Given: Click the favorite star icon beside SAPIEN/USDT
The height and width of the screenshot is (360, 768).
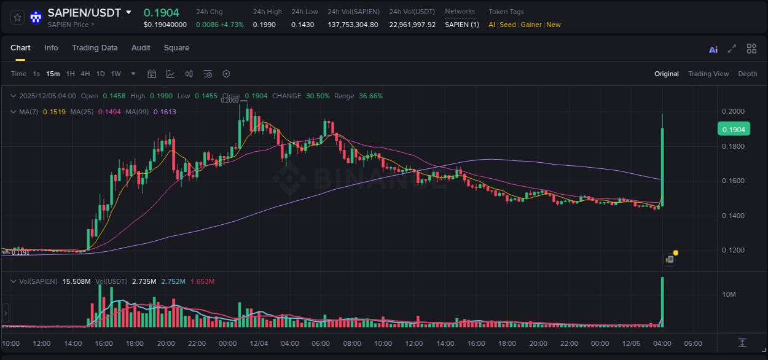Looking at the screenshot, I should click(18, 17).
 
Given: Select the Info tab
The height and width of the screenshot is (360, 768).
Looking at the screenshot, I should click(51, 48).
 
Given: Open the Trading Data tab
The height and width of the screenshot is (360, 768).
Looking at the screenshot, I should click(95, 48).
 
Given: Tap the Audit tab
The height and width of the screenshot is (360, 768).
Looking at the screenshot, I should click(141, 48).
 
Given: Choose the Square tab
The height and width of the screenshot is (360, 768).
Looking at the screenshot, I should click(176, 48).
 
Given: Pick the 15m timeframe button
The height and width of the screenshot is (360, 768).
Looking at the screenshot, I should click(53, 74).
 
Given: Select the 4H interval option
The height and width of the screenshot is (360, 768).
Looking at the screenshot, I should click(85, 74).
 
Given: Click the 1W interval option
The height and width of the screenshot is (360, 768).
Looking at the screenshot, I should click(116, 74).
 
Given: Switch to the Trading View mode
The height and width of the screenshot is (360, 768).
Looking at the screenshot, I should click(708, 74).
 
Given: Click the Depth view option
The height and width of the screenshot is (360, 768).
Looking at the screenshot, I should click(748, 74).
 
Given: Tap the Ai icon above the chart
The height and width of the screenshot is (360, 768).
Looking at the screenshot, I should click(713, 50).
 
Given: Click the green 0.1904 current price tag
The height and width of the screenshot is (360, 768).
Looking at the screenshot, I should click(734, 129).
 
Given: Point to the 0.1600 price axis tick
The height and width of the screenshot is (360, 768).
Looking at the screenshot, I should click(734, 181).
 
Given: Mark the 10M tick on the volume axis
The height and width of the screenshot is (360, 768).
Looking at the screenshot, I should click(729, 295).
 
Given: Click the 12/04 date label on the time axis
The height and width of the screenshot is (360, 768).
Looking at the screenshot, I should click(259, 343).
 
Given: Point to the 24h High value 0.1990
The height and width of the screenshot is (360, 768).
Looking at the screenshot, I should click(264, 25).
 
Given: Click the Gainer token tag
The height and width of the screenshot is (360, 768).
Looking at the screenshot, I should click(531, 25).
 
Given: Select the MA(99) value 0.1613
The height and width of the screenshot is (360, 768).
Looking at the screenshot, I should click(165, 112).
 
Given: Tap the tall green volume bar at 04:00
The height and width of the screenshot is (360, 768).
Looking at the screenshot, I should click(662, 302).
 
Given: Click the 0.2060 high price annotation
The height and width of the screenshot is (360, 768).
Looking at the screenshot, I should click(230, 101).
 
